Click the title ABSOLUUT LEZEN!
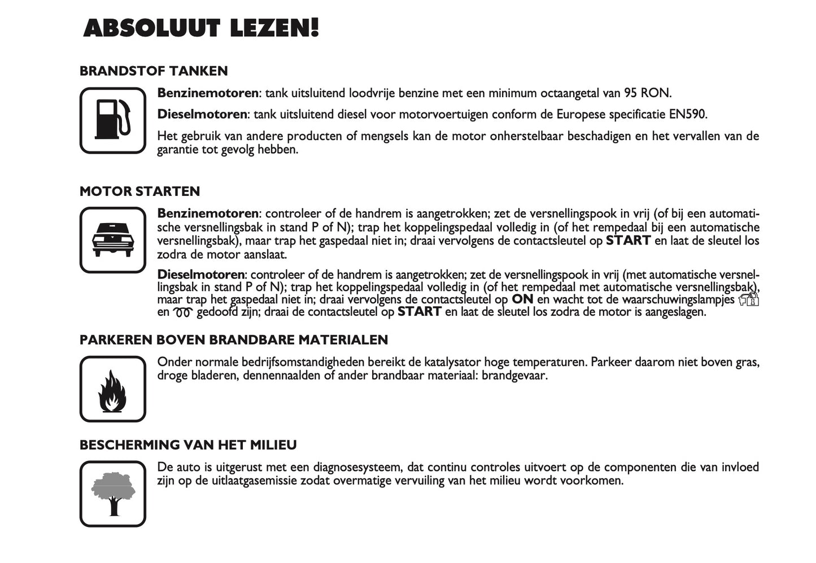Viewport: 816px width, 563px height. [x=201, y=28]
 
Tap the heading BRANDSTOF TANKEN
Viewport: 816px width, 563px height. [x=154, y=71]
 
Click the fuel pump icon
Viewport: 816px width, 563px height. [x=113, y=120]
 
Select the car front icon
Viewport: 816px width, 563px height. [x=113, y=240]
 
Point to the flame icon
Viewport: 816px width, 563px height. [x=113, y=390]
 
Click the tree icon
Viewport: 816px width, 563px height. [x=113, y=494]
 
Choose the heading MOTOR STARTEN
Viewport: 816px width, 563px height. [x=139, y=191]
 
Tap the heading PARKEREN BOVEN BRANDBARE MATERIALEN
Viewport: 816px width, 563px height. [x=233, y=340]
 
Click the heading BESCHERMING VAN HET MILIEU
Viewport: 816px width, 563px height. [x=188, y=445]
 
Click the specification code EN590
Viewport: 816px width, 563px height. [x=687, y=115]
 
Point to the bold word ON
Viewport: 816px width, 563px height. [x=522, y=299]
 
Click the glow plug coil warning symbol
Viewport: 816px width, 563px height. [x=183, y=312]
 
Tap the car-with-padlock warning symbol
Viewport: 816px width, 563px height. [x=749, y=299]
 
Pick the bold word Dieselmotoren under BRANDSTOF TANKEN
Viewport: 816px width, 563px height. [x=202, y=115]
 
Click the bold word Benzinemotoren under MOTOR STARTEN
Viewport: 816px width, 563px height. [x=207, y=214]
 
